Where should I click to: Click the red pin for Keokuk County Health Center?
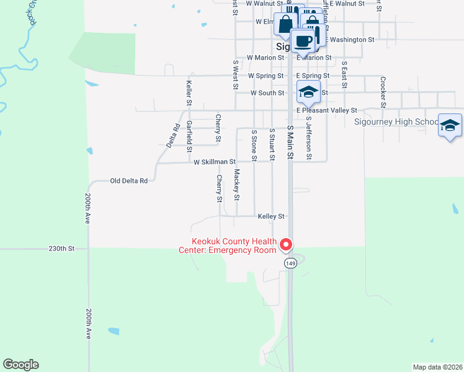(x=286, y=246)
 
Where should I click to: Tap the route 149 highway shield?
(x=290, y=263)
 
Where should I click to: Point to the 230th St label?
(x=61, y=249)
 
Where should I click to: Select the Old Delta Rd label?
(x=129, y=181)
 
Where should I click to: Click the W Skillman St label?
(x=215, y=162)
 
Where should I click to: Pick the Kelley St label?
(x=272, y=216)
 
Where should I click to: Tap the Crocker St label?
(x=383, y=92)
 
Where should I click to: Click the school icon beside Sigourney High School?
(x=450, y=126)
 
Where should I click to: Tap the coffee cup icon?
(x=302, y=42)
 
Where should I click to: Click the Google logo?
(x=20, y=365)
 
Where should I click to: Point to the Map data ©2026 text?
(x=437, y=366)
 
